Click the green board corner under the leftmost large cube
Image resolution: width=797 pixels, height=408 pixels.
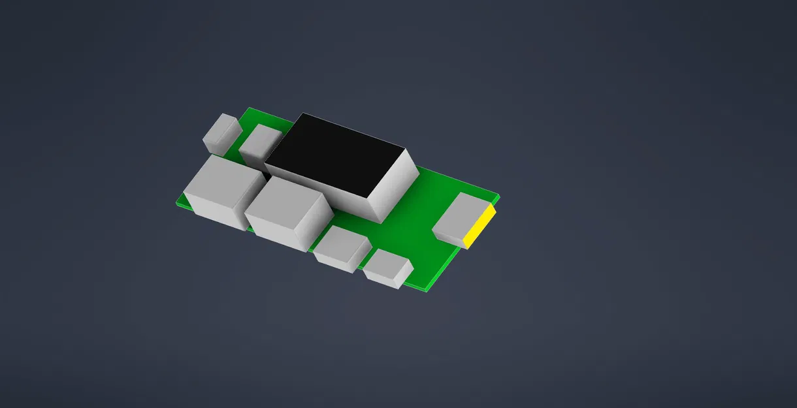178,203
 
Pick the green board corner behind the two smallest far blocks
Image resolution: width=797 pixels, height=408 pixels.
249,109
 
